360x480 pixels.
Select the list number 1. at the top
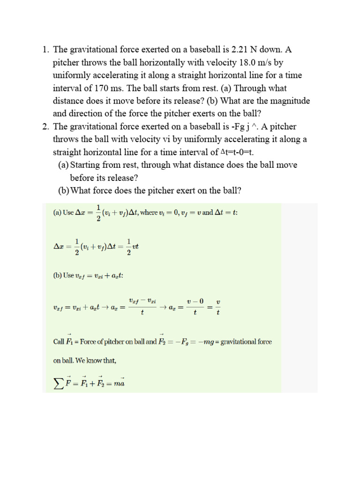[x=45, y=50]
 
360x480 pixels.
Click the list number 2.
[x=45, y=127]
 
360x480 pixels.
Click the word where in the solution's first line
[x=150, y=212]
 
